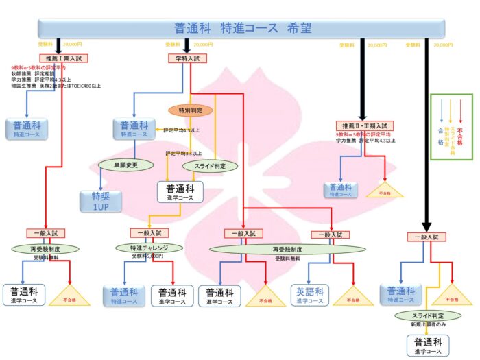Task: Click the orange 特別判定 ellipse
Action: (191, 110)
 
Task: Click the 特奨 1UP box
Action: (101, 200)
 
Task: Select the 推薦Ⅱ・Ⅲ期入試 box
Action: (361, 126)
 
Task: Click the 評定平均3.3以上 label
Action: (183, 154)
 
